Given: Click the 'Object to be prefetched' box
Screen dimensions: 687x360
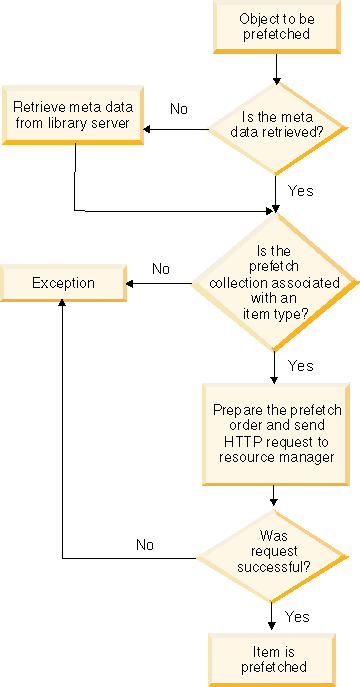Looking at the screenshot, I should pyautogui.click(x=274, y=26).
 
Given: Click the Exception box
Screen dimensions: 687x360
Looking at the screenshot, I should pyautogui.click(x=63, y=283).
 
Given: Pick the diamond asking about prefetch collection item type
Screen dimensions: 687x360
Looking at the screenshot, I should pyautogui.click(x=274, y=283).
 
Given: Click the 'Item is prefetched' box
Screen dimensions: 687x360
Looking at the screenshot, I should pyautogui.click(x=273, y=658).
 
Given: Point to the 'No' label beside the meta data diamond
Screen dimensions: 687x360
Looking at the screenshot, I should pyautogui.click(x=179, y=108).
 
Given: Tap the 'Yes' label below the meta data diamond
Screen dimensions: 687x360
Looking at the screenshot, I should pyautogui.click(x=300, y=189).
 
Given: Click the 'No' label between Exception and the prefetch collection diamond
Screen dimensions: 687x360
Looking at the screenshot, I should pyautogui.click(x=161, y=268).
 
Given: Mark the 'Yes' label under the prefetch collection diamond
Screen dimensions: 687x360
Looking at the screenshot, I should pyautogui.click(x=300, y=366).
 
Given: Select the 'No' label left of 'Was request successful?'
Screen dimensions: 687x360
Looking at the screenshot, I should pyautogui.click(x=146, y=545).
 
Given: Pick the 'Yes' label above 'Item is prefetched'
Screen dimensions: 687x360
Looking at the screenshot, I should pyautogui.click(x=298, y=616).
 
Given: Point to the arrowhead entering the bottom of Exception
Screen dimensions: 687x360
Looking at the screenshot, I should pyautogui.click(x=62, y=304).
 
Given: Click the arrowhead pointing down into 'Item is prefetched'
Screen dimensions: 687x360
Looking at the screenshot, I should pyautogui.click(x=273, y=625).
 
